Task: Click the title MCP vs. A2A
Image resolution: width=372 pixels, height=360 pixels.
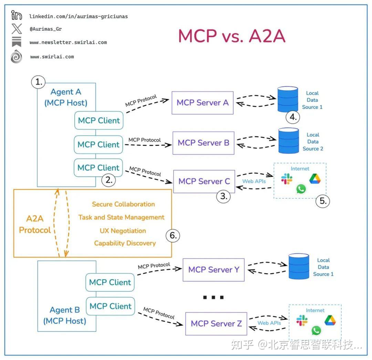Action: pyautogui.click(x=231, y=36)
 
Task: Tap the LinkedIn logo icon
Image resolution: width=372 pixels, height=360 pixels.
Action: pyautogui.click(x=17, y=16)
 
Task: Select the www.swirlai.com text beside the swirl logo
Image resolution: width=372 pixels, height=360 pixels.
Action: pyautogui.click(x=52, y=57)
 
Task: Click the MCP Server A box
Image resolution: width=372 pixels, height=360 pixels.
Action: pyautogui.click(x=203, y=103)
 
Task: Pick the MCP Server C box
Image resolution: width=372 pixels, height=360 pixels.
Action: pyautogui.click(x=204, y=181)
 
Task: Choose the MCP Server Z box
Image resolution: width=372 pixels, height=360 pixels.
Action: pyautogui.click(x=216, y=323)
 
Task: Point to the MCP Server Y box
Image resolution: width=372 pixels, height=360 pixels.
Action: pyautogui.click(x=214, y=270)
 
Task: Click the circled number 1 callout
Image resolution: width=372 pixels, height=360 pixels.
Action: pyautogui.click(x=39, y=82)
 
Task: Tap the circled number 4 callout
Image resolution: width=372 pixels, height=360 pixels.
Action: pyautogui.click(x=293, y=117)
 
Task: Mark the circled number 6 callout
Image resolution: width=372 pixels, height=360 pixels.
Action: pyautogui.click(x=173, y=236)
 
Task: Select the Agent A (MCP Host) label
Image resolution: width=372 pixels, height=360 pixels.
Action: pyautogui.click(x=66, y=97)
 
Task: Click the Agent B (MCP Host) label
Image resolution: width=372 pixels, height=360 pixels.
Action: pyautogui.click(x=65, y=315)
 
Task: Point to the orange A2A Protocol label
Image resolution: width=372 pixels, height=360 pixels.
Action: pyautogui.click(x=35, y=224)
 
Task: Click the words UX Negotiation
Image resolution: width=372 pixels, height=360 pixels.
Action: pyautogui.click(x=123, y=231)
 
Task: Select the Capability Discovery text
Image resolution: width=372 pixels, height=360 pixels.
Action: pyautogui.click(x=125, y=243)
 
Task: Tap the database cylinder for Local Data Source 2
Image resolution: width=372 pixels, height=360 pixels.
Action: pyautogui.click(x=289, y=140)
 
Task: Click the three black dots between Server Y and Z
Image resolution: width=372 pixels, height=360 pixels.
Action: pyautogui.click(x=213, y=297)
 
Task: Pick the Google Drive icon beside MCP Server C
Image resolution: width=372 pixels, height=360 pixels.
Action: pyautogui.click(x=314, y=179)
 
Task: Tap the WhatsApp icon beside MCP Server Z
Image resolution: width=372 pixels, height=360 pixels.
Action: pyautogui.click(x=316, y=331)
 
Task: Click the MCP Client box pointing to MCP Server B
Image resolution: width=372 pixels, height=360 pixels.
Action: pyautogui.click(x=99, y=145)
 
